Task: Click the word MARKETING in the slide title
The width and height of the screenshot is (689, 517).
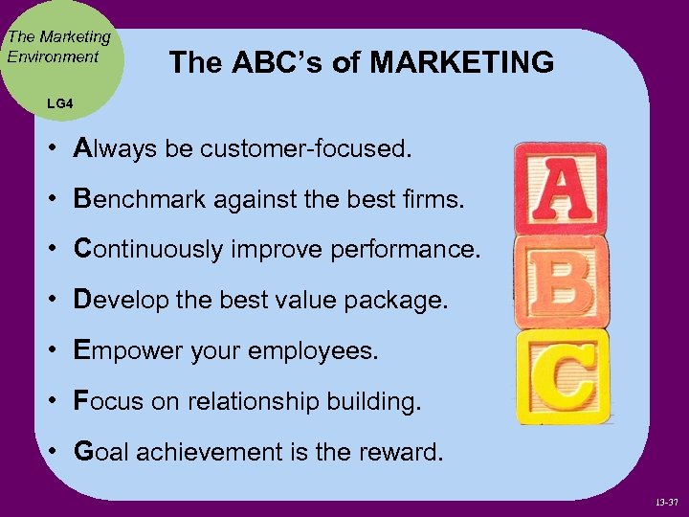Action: pos(461,63)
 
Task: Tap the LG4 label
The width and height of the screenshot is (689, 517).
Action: pos(59,101)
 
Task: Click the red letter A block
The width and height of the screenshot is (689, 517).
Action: pos(560,188)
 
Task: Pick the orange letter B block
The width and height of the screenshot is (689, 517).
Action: pos(561,281)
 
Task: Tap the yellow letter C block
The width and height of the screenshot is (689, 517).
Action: pos(563,375)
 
